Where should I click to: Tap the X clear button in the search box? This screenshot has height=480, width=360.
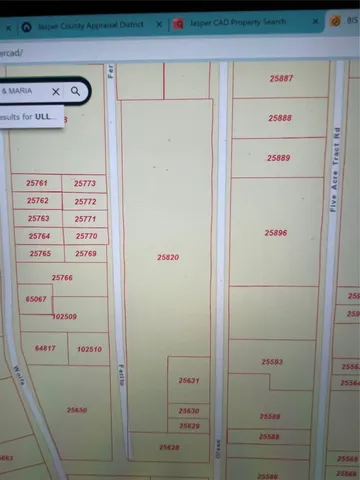point(56,91)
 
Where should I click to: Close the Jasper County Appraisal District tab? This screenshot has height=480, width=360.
point(158,24)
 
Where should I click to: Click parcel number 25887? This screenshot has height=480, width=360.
point(281,78)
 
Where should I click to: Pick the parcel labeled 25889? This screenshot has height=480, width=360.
point(279,158)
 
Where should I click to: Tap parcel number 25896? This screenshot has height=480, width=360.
point(276,232)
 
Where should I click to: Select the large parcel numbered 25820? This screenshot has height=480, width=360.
point(168,257)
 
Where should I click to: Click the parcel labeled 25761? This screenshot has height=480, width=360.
point(37,184)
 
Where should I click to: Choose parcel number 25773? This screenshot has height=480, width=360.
point(85,184)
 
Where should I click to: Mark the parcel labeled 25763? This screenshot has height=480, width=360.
point(39,218)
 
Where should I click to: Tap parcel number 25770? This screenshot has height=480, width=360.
point(86,236)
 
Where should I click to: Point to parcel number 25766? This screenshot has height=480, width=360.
point(62,277)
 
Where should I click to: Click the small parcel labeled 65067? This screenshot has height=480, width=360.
point(36,299)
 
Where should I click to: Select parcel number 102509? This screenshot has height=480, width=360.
point(64,316)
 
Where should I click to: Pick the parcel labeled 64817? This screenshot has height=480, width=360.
point(44,348)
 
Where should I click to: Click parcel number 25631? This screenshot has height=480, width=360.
point(189,380)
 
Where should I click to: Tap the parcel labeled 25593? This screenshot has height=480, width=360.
point(271,361)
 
